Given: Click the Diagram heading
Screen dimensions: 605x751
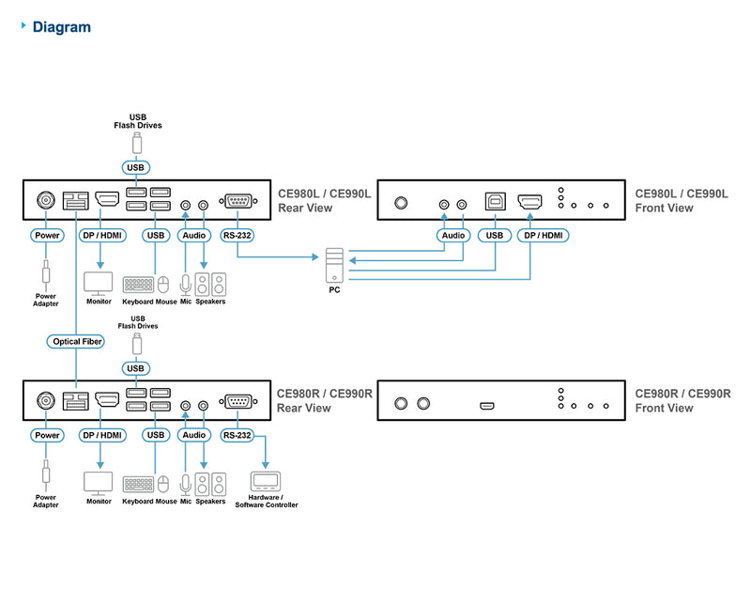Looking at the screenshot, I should click(62, 27).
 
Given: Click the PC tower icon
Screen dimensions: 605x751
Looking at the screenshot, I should click(335, 266).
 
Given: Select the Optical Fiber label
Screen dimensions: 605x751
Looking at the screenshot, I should click(76, 341).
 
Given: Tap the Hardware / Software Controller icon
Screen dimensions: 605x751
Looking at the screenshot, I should click(267, 482).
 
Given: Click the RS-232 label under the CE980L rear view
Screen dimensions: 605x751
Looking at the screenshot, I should click(238, 235).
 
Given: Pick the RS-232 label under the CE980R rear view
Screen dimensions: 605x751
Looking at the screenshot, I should click(238, 435).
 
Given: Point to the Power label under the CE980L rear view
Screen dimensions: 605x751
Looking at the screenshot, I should click(46, 235).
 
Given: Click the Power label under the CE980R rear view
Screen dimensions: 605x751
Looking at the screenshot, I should click(46, 435).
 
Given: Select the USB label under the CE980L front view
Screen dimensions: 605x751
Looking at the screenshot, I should click(494, 235).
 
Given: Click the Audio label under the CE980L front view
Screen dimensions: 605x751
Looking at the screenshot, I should click(452, 235).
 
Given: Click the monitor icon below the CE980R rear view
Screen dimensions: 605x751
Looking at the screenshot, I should click(99, 483).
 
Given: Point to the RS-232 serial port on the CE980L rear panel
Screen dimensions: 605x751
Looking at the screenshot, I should click(237, 201).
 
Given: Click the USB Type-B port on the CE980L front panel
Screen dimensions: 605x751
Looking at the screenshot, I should click(494, 201).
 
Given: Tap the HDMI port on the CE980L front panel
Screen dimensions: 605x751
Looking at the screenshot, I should click(531, 201).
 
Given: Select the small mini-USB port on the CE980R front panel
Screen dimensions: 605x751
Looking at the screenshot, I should click(487, 405).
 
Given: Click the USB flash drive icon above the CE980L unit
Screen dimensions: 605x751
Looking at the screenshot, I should click(137, 143).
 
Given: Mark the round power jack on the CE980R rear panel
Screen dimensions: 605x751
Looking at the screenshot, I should click(44, 401).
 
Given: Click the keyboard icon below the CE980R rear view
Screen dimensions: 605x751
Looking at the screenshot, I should click(139, 484).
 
